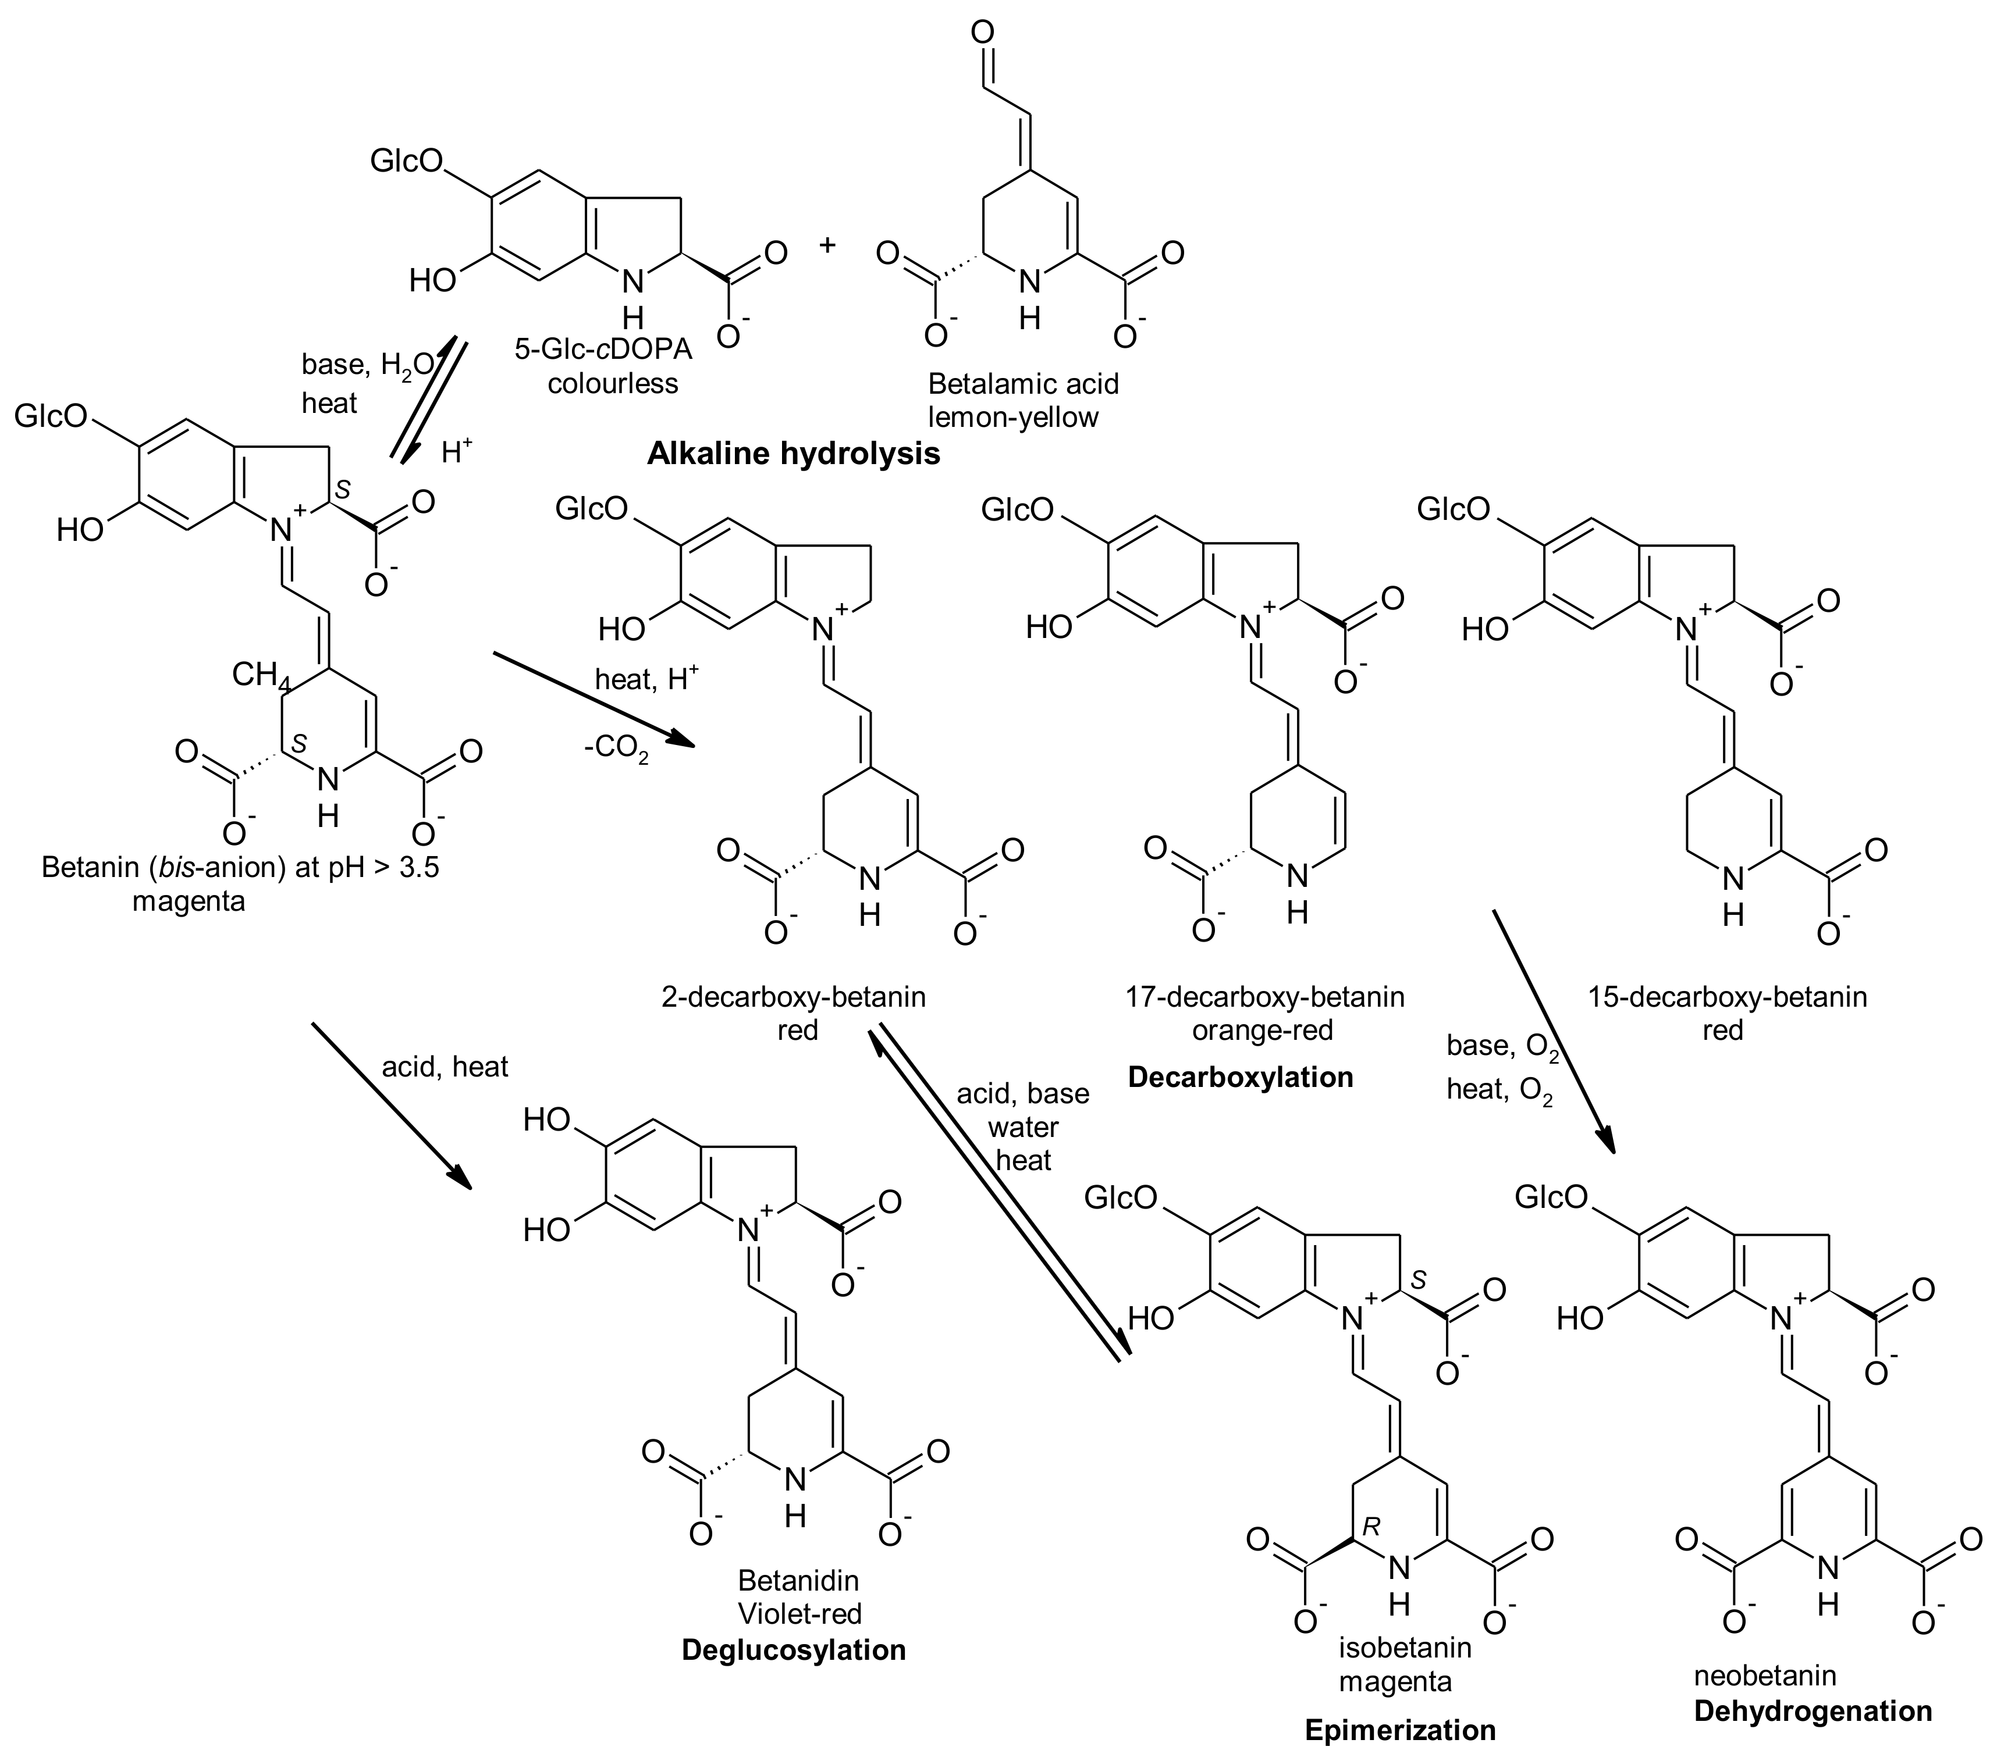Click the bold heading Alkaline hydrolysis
[x=793, y=453]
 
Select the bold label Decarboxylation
[x=1240, y=1077]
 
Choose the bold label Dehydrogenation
[x=1813, y=1711]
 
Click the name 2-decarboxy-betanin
[x=793, y=997]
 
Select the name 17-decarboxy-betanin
[x=1264, y=997]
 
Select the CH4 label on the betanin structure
[x=259, y=675]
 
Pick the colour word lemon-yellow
[x=1013, y=417]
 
